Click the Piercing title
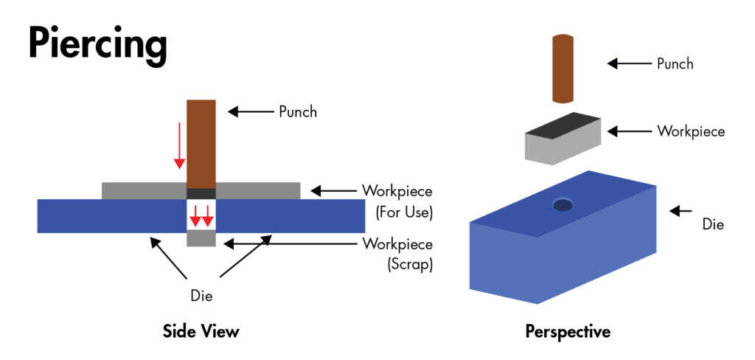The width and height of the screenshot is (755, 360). (97, 44)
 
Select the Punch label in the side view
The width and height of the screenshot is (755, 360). (297, 112)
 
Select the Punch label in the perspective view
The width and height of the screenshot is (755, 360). (675, 63)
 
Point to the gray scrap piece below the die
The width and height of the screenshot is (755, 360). (201, 239)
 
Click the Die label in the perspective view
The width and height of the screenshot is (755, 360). (713, 222)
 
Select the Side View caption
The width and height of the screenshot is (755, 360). (201, 331)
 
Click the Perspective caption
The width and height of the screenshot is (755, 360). (568, 331)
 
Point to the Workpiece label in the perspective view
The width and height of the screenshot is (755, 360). (691, 131)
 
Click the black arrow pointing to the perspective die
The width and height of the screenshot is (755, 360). (683, 211)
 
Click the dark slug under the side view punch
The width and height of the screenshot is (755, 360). (201, 193)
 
